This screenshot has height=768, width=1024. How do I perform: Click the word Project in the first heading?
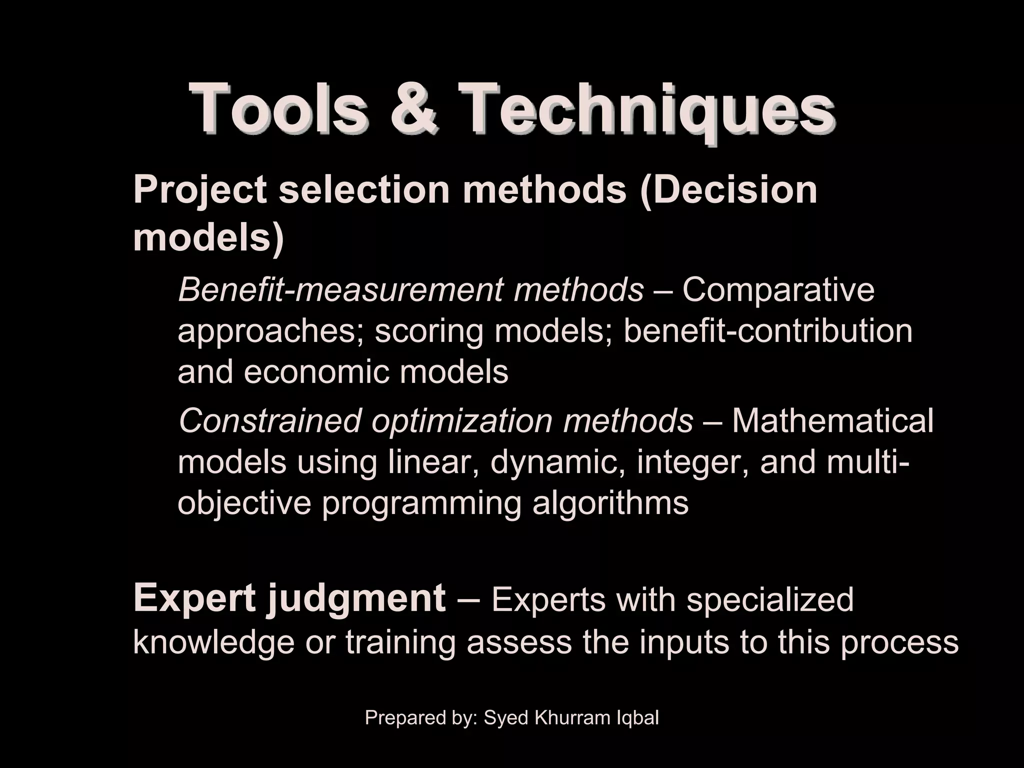pos(200,191)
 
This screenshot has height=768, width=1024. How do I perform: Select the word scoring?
pos(429,332)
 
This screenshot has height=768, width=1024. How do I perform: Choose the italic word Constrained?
pos(269,420)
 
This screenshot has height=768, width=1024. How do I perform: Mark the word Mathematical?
pos(832,420)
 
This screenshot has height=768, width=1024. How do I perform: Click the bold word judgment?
pos(355,599)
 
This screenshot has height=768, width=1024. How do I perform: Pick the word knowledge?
pos(213,642)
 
